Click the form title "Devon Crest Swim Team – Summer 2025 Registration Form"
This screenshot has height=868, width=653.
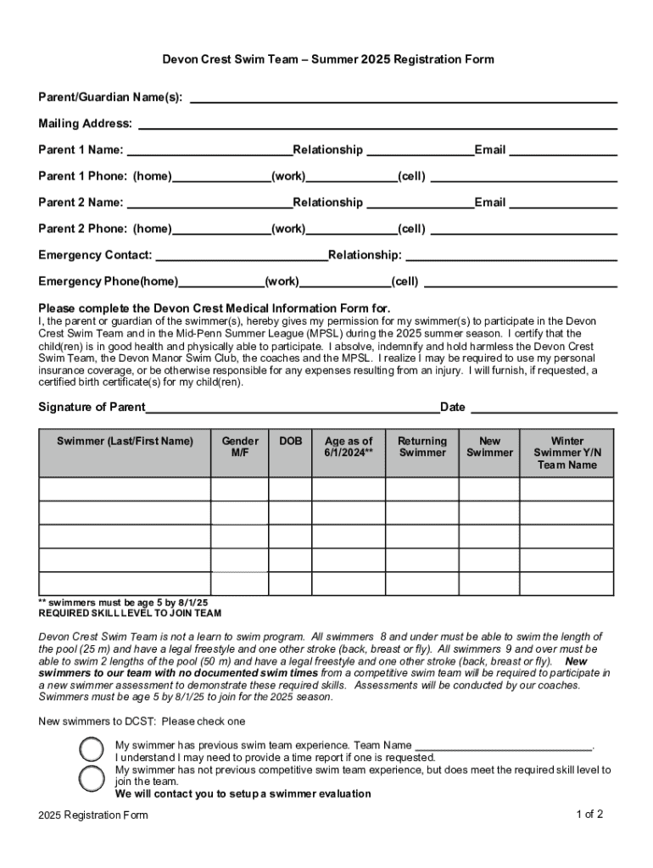(x=328, y=60)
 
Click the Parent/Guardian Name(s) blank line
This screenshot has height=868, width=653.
(x=403, y=99)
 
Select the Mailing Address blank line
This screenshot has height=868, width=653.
(x=377, y=125)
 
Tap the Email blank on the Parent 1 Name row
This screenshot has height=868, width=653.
(x=562, y=153)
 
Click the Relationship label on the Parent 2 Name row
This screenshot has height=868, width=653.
(x=327, y=203)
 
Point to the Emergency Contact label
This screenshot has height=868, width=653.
(x=95, y=255)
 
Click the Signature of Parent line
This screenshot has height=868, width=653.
(x=293, y=409)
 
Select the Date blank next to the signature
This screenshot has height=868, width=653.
(x=543, y=409)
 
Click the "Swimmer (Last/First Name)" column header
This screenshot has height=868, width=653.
(x=125, y=442)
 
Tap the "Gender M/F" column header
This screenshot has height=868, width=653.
(x=240, y=447)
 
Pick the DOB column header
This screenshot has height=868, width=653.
(x=291, y=442)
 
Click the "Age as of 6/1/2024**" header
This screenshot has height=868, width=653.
(x=349, y=447)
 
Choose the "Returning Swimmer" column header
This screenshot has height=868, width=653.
(x=422, y=447)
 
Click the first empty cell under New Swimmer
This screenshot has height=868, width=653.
(x=489, y=490)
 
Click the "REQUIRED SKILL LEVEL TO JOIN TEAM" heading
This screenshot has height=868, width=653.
(x=130, y=613)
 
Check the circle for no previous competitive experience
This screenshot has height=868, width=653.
(x=91, y=777)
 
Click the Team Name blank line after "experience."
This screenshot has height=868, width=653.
(x=504, y=747)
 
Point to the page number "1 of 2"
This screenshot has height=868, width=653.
(x=589, y=815)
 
